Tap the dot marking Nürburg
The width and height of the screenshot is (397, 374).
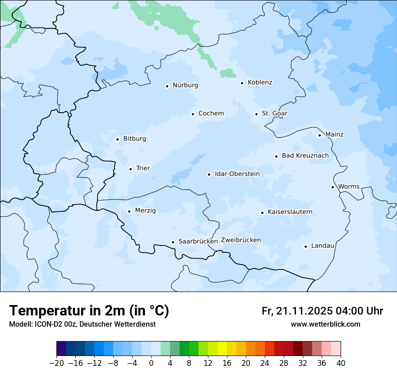[x=167, y=86]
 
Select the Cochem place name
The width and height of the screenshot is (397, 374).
[x=211, y=114]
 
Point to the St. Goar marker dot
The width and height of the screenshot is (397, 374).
[x=256, y=114]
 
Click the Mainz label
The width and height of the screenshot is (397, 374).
[x=334, y=135]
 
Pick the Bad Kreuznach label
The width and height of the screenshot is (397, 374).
[x=305, y=156]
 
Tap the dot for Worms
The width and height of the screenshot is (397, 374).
[x=332, y=187]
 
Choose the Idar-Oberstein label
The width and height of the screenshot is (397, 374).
[x=237, y=174]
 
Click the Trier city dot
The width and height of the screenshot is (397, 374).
[x=130, y=169]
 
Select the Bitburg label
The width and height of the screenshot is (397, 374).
[x=134, y=139]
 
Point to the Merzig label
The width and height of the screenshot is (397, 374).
[x=145, y=211]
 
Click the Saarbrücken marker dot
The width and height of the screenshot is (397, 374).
[x=173, y=242]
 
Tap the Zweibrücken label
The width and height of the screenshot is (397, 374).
[x=240, y=240]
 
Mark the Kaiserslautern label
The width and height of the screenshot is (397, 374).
[x=290, y=212]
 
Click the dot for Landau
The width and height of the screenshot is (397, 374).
[x=305, y=246]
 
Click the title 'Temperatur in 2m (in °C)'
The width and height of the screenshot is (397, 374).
[x=89, y=311]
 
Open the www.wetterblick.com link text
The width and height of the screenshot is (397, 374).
[x=325, y=324]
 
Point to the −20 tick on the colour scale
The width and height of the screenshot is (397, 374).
[x=56, y=363]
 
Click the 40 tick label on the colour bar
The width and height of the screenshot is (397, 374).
[x=341, y=363]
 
